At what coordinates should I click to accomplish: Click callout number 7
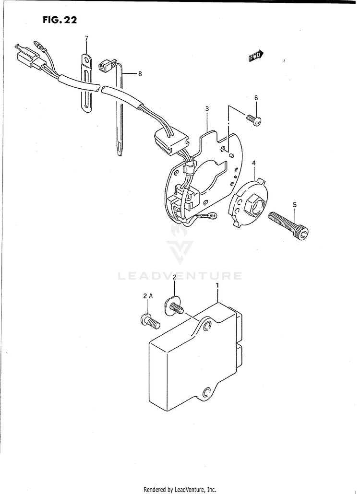(x=86, y=38)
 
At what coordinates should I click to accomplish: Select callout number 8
(x=140, y=74)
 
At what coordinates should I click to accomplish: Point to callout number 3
(x=207, y=109)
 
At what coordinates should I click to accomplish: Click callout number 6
(x=256, y=98)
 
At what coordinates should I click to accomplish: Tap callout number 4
(x=254, y=164)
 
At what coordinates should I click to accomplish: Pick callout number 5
(x=295, y=205)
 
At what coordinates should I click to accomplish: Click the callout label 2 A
(x=148, y=296)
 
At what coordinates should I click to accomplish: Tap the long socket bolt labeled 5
(x=289, y=226)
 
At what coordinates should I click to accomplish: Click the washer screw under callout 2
(x=174, y=306)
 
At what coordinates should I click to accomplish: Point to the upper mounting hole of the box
(x=207, y=327)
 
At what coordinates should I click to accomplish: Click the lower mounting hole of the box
(x=207, y=392)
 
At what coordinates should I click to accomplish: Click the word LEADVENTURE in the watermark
(x=180, y=276)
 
